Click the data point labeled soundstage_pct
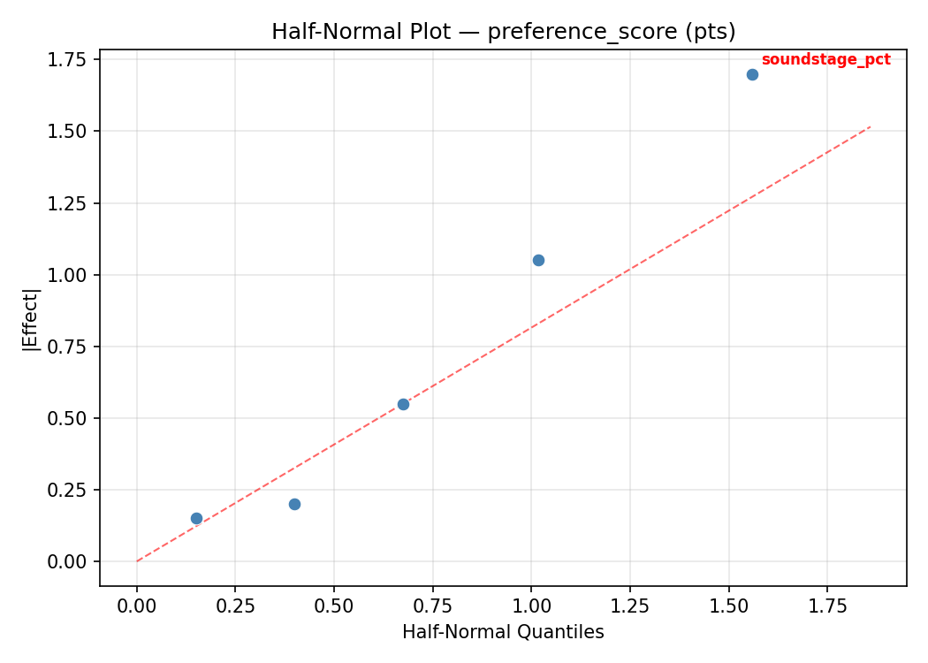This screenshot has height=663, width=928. point(752,74)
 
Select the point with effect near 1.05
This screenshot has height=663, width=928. point(538,260)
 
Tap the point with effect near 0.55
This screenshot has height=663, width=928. point(403,404)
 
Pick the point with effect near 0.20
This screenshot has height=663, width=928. point(294,504)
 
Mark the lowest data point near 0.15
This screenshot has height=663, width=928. point(196,518)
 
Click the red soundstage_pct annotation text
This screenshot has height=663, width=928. point(825,60)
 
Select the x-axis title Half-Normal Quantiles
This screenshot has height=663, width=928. point(503,632)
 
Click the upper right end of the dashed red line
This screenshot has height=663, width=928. point(870,127)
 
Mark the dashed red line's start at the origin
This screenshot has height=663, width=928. point(137,561)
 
